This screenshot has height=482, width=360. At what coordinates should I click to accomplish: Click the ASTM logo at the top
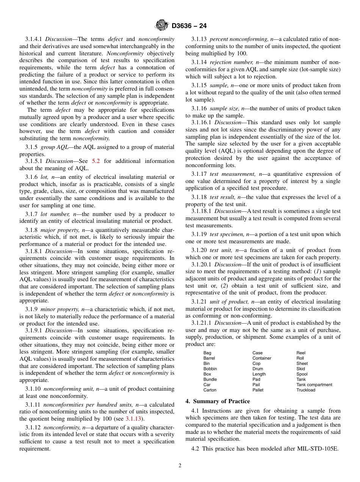pyautogui.click(x=162, y=25)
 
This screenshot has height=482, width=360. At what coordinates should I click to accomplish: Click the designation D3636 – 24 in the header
pyautogui.click(x=189, y=26)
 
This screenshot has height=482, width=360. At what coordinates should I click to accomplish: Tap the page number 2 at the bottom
pyautogui.click(x=180, y=466)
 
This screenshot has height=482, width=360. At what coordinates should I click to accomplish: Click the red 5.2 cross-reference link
pyautogui.click(x=96, y=161)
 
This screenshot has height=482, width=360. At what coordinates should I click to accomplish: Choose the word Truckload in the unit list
pyautogui.click(x=305, y=390)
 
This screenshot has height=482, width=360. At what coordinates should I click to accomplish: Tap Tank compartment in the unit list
pyautogui.click(x=314, y=385)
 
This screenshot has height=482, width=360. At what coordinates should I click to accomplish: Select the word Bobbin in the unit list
pyautogui.click(x=210, y=369)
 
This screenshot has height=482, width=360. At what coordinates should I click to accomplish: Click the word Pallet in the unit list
pyautogui.click(x=258, y=390)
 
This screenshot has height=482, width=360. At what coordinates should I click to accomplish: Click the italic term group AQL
pyautogui.click(x=54, y=147)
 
